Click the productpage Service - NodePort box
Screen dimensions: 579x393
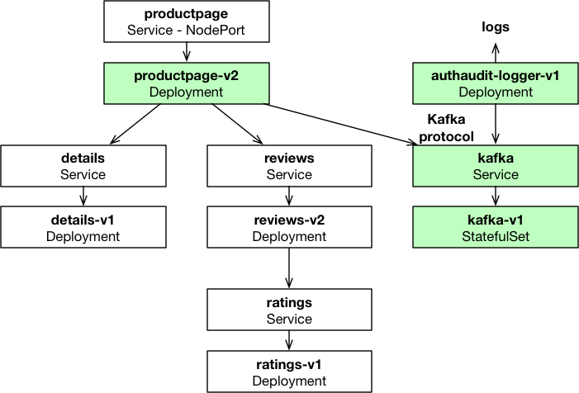click(187, 21)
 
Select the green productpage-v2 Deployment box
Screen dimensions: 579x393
click(187, 83)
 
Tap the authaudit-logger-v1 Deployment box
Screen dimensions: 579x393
click(496, 83)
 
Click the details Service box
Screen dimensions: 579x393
click(83, 166)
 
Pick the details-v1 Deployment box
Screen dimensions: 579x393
click(83, 227)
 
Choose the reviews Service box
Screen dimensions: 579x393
click(289, 166)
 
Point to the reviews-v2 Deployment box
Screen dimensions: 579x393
click(289, 227)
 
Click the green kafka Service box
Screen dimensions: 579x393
click(496, 166)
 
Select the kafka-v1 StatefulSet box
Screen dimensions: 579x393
click(496, 227)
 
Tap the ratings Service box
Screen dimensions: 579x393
click(289, 310)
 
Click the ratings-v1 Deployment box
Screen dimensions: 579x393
click(289, 372)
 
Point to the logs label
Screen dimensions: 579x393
click(496, 27)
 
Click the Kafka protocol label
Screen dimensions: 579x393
click(447, 128)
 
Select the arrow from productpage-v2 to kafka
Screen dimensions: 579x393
click(339, 125)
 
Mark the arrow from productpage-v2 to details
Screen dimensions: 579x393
click(135, 124)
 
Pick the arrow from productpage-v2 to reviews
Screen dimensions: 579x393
click(237, 124)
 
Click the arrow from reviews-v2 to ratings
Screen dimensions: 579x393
click(289, 268)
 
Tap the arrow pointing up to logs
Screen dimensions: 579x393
click(496, 53)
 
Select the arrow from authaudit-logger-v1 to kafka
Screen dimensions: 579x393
click(496, 124)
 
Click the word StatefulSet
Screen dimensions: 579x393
click(496, 236)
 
